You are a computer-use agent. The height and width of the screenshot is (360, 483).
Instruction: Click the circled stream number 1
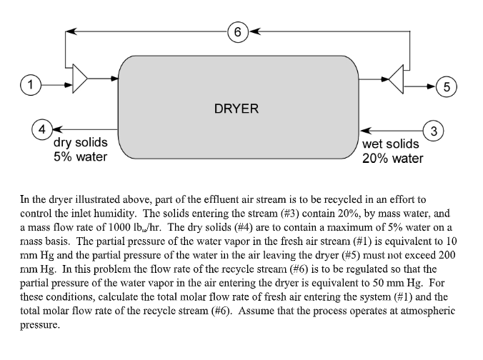point(29,84)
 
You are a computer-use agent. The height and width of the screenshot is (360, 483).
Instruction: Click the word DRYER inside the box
point(236,109)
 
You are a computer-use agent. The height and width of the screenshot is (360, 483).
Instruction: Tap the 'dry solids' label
point(81,143)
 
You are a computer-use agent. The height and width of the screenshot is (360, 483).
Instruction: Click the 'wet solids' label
point(391,144)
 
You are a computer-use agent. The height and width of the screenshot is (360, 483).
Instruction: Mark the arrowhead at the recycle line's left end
point(69,31)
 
